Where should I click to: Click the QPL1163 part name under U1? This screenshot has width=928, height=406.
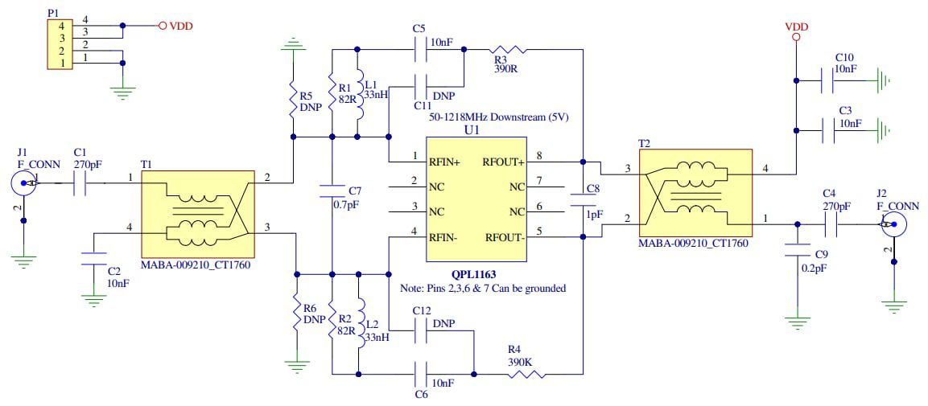[475, 273]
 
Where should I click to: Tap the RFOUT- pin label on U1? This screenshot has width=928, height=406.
[503, 237]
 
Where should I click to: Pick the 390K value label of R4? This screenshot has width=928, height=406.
[518, 362]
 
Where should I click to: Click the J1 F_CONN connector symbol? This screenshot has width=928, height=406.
[25, 184]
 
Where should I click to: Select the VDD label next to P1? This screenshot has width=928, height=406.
[180, 26]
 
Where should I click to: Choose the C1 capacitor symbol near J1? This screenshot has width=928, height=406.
[80, 184]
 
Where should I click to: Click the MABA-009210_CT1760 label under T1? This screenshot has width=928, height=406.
[194, 264]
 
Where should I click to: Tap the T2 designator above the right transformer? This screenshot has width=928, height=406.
[644, 142]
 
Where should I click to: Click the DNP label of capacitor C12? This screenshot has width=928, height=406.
[444, 322]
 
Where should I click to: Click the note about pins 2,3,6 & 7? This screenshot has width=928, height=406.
[483, 288]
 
